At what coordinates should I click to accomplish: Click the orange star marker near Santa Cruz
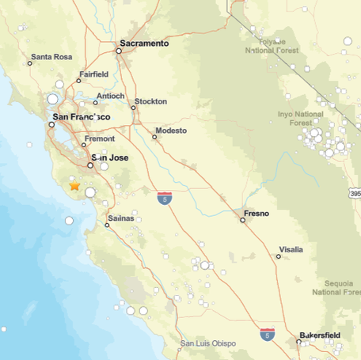click(74, 187)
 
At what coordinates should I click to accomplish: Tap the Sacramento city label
click(145, 44)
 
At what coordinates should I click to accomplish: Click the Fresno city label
click(256, 214)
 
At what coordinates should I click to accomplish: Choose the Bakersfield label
click(320, 335)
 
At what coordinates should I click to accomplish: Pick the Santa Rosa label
click(51, 57)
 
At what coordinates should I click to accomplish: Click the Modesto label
click(171, 130)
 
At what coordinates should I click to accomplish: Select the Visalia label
click(291, 250)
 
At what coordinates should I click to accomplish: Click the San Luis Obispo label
click(208, 343)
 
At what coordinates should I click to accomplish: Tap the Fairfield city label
click(94, 76)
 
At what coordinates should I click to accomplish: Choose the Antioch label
click(110, 97)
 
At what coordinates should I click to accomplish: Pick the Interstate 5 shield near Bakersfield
click(268, 335)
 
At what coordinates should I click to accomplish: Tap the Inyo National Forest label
click(301, 119)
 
